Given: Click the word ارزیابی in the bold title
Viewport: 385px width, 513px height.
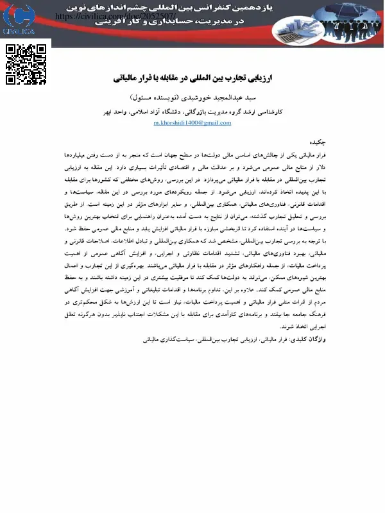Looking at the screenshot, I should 258,78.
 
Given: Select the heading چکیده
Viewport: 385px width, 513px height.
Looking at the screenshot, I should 318,142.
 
